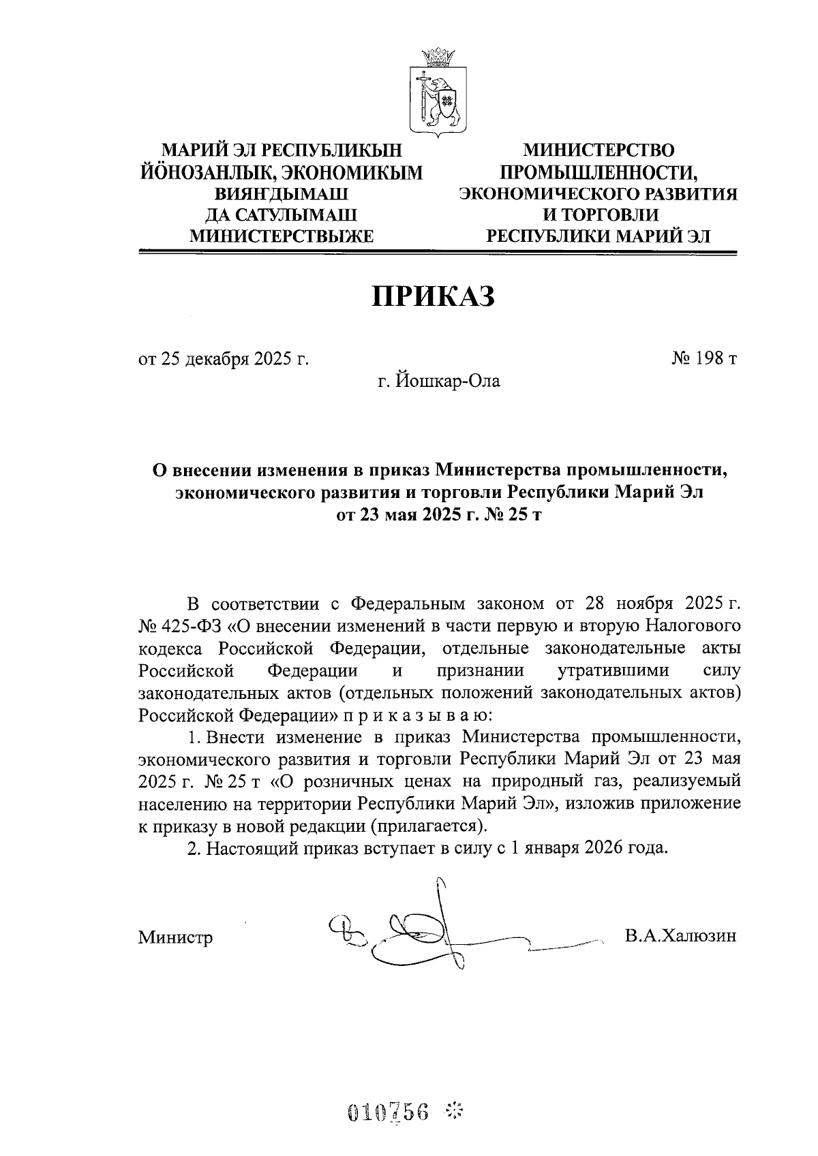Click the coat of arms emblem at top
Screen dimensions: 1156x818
[x=437, y=89]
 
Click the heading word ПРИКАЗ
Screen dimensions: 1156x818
[x=432, y=296]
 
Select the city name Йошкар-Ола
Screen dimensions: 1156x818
[x=440, y=381]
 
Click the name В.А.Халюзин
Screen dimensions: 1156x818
[x=680, y=935]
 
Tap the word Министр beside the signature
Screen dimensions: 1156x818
[x=175, y=937]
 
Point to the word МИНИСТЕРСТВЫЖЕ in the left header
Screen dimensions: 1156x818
[x=282, y=236]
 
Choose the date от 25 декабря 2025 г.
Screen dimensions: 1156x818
[x=224, y=359]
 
